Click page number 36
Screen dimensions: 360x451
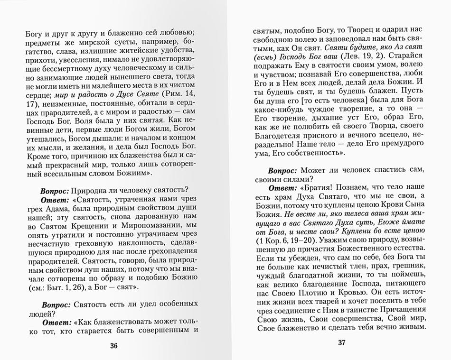tap(113, 346)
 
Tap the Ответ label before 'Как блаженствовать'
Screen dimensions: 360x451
tap(56, 322)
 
